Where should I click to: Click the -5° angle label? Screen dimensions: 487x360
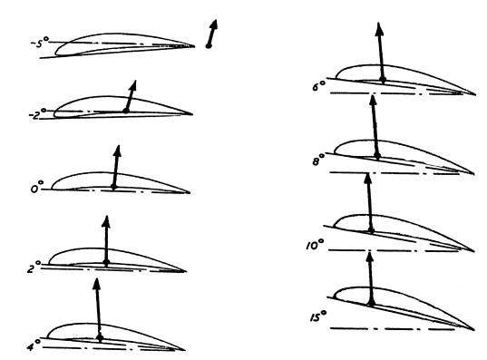(x=39, y=43)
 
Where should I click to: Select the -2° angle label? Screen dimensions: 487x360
(x=37, y=114)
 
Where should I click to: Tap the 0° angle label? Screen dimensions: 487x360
(x=37, y=188)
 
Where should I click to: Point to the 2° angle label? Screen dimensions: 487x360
(x=34, y=267)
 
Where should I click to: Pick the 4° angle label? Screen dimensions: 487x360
(x=34, y=345)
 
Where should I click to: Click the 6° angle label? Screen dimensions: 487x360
(x=319, y=85)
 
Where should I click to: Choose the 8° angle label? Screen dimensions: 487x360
(x=318, y=160)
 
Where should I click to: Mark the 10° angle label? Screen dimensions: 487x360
(x=315, y=245)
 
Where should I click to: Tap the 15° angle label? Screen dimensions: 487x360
(x=318, y=316)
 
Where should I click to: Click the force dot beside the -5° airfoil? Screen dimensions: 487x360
(x=209, y=46)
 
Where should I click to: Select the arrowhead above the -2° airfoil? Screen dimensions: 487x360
(x=133, y=85)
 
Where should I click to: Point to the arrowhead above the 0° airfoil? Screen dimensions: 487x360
(x=117, y=151)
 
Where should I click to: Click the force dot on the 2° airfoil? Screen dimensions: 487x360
(x=106, y=262)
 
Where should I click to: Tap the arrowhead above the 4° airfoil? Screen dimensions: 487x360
(x=97, y=284)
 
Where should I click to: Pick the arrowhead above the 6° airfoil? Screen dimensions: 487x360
(x=379, y=28)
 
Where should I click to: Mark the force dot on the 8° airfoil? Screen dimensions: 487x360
(x=377, y=155)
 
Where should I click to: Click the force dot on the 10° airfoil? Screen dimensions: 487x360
(x=371, y=230)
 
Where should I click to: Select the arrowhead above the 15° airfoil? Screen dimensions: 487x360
(x=370, y=257)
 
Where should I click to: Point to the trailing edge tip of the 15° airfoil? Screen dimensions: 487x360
(x=474, y=330)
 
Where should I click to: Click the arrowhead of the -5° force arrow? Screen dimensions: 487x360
(x=213, y=24)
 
